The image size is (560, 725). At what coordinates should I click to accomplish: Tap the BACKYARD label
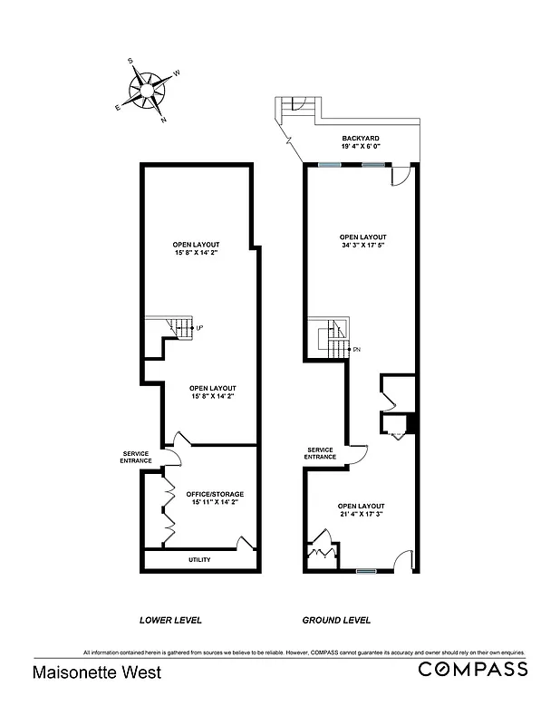coord(360,138)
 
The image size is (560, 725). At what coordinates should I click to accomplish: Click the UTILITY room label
coord(199,559)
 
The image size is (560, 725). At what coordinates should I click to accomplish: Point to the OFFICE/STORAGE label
coord(215,494)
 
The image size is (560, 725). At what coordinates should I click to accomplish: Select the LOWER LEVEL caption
coord(170,621)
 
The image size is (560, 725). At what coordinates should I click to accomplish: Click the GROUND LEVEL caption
coord(336,621)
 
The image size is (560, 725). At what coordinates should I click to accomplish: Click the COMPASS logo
coord(472,670)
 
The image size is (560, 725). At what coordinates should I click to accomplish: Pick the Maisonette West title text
coord(84,672)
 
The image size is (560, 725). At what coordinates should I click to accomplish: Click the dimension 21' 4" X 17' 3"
coord(361,515)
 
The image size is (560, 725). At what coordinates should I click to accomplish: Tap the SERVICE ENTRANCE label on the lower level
coord(136,458)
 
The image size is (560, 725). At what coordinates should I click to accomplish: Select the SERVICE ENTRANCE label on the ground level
coord(321,453)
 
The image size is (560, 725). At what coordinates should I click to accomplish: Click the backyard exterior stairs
coord(294,107)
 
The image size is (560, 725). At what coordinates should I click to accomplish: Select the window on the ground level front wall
coord(365,571)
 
